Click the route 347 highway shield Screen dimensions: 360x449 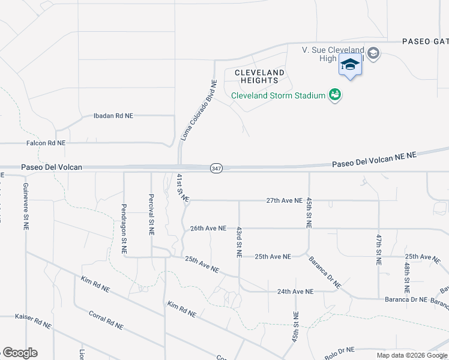click(216, 169)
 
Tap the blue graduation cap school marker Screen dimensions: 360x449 click(350, 64)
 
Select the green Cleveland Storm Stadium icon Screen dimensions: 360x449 click(335, 95)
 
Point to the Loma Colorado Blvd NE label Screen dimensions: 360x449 click(198, 111)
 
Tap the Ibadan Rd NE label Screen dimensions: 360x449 click(113, 116)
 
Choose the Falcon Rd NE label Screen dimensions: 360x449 click(46, 143)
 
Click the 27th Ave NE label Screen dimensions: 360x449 click(285, 200)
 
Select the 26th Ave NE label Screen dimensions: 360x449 click(208, 229)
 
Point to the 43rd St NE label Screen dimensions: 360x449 click(239, 242)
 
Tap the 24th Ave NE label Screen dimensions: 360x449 click(295, 292)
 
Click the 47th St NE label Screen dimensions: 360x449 click(379, 249)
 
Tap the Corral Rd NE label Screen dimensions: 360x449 click(106, 320)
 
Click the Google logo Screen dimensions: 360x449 click(20, 353)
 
